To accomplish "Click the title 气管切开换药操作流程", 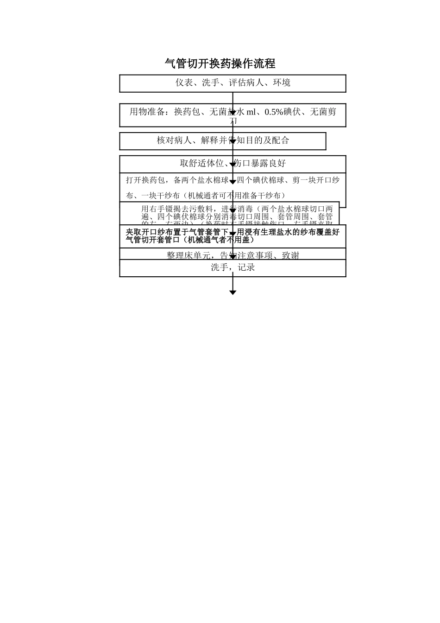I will [x=220, y=64].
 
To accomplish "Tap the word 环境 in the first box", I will [x=282, y=83].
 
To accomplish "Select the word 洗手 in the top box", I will [x=210, y=83].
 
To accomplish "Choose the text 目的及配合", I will [x=270, y=140].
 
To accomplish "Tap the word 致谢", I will [x=291, y=255].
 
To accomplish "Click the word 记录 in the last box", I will [x=246, y=267].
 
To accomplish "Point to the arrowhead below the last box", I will [x=233, y=292].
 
